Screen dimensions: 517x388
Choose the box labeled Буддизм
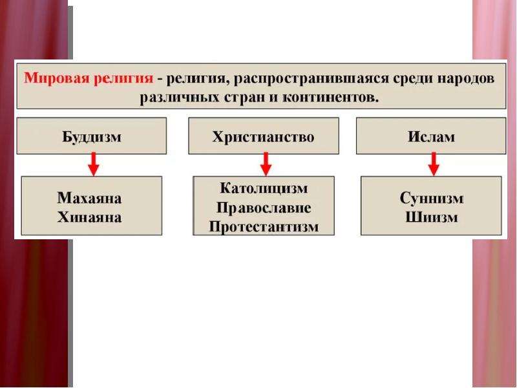click(x=91, y=136)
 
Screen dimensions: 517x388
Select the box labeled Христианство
click(x=263, y=136)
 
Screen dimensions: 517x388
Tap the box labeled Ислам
click(x=431, y=136)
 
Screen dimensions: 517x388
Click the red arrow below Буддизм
click(x=94, y=164)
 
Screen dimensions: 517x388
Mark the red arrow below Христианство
click(x=264, y=164)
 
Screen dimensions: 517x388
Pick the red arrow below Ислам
click(x=434, y=164)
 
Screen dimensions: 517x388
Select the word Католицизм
click(x=264, y=189)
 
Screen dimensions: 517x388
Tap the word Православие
click(x=264, y=208)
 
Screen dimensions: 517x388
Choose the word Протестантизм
click(x=264, y=227)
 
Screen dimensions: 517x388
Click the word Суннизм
click(x=431, y=198)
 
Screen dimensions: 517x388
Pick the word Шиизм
click(x=431, y=217)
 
